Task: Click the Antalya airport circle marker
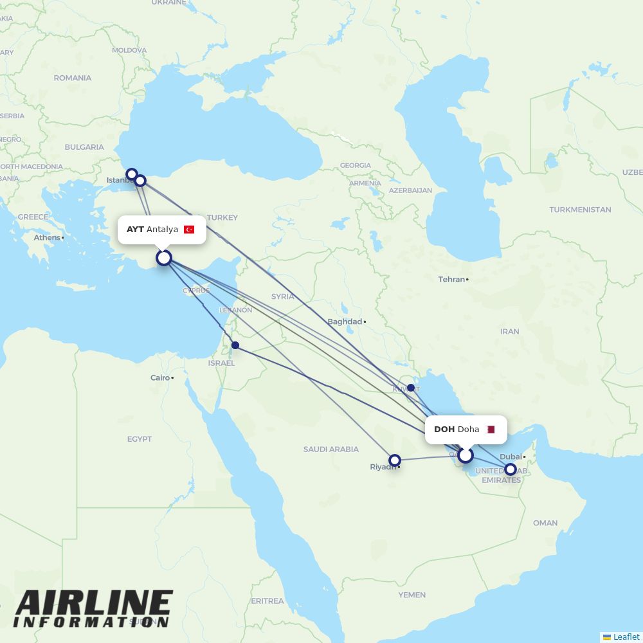[164, 258]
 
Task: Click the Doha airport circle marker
[466, 455]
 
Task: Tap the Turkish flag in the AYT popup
[189, 230]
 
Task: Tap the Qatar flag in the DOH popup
[491, 430]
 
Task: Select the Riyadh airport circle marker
[395, 460]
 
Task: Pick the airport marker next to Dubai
[510, 469]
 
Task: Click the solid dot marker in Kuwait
[411, 388]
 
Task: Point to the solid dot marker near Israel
[235, 345]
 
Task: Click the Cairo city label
[160, 377]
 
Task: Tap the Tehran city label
[451, 280]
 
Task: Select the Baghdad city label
[345, 321]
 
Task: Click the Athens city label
[47, 237]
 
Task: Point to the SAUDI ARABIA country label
[331, 449]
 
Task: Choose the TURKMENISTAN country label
[580, 210]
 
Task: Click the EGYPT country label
[140, 439]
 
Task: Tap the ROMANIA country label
[73, 78]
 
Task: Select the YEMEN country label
[412, 595]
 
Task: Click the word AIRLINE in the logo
[94, 604]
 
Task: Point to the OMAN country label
[545, 523]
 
